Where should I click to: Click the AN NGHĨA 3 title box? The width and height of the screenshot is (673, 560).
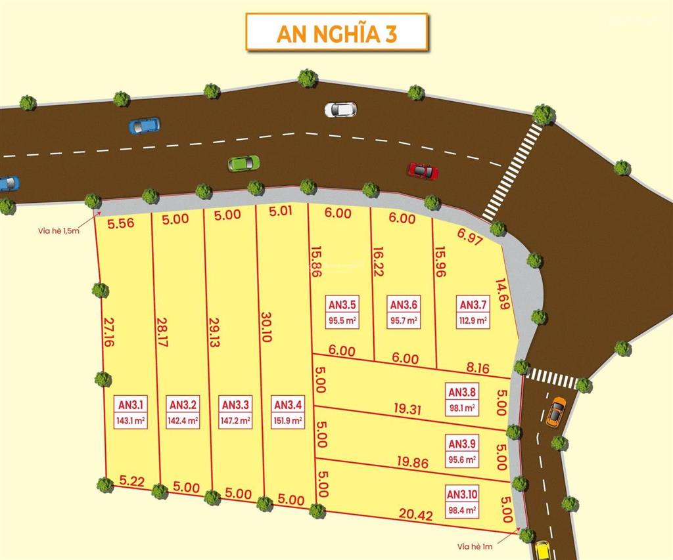click(336, 32)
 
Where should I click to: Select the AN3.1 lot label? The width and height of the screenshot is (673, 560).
click(130, 404)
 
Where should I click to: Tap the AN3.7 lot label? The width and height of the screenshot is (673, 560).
click(473, 305)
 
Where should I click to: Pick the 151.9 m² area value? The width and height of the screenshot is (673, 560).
click(287, 421)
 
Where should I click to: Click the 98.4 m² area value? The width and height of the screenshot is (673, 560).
click(462, 509)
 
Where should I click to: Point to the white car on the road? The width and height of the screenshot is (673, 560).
click(340, 109)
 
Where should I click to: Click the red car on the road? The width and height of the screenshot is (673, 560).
click(423, 171)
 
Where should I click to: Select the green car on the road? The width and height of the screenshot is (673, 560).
click(243, 163)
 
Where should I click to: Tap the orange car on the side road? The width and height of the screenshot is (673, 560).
click(555, 412)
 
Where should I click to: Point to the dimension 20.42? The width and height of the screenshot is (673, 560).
click(415, 515)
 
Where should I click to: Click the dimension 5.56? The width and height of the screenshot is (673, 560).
click(121, 223)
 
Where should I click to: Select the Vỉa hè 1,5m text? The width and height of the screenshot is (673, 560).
click(58, 231)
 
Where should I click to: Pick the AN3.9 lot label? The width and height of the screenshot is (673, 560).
click(461, 442)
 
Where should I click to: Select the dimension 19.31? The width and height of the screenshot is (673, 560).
click(407, 408)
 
